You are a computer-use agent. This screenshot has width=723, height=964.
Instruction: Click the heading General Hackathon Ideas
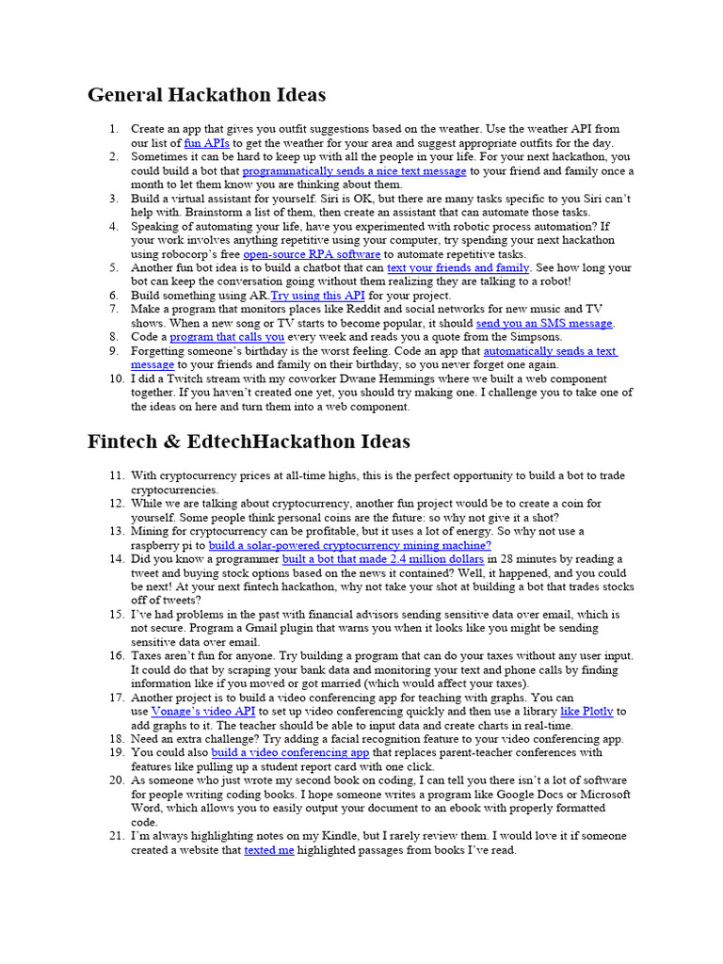pos(206,95)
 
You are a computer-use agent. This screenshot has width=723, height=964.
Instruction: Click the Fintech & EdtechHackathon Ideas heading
pos(249,442)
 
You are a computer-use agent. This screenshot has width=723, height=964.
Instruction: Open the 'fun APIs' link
pos(206,143)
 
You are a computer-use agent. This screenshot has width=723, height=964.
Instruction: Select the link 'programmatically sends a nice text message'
pos(354,171)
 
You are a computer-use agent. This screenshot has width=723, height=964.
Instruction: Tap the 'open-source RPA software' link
pos(312,254)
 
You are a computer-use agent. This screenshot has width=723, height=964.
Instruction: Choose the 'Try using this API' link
pos(317,296)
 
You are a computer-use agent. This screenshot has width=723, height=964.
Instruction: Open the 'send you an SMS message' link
pos(544,323)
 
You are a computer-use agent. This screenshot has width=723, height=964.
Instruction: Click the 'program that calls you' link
pos(227,337)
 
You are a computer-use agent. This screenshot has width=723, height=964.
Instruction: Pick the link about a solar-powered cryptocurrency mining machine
pos(349,545)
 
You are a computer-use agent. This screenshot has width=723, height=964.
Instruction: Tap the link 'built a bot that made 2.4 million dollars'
pos(382,559)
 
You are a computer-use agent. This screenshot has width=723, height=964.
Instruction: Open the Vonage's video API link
pos(203,712)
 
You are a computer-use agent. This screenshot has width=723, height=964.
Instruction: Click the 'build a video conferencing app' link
pos(290,753)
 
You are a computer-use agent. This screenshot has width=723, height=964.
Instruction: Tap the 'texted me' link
pos(269,850)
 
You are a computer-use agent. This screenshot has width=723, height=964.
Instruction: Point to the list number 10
pos(116,378)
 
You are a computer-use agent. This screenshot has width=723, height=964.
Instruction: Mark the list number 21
pos(116,836)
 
